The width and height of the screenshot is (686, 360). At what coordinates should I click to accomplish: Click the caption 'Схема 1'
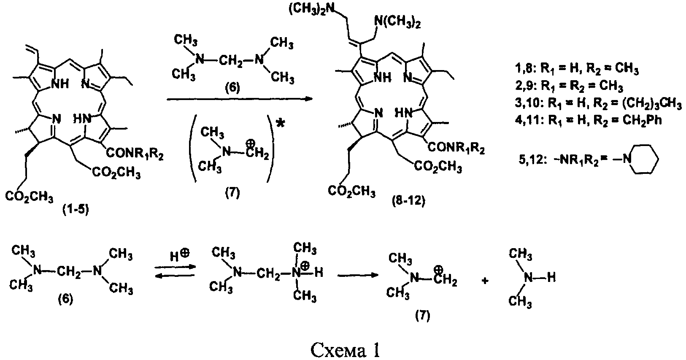(345, 349)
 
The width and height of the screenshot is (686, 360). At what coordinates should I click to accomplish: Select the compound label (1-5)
(76, 209)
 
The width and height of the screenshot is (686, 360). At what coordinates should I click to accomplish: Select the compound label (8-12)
(409, 201)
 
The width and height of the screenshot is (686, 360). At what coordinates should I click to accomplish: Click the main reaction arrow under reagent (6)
(240, 99)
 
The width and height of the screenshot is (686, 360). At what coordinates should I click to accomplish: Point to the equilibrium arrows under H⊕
(175, 271)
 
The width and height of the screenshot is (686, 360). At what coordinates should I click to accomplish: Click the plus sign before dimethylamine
(485, 281)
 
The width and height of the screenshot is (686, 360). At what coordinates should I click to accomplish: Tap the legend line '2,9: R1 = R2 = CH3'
(569, 86)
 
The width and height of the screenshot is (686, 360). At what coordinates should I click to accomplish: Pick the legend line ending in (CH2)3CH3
(598, 103)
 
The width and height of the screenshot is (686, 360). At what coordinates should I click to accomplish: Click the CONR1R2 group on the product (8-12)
(456, 148)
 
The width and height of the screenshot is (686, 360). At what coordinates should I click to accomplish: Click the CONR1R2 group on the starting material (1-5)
(135, 154)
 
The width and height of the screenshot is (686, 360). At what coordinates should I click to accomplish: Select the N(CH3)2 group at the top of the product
(397, 22)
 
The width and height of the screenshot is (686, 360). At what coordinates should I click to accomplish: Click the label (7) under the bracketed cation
(232, 193)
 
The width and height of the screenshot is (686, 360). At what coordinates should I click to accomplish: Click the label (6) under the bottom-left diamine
(66, 299)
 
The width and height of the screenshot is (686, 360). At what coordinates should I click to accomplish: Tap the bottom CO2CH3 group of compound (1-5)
(30, 196)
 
